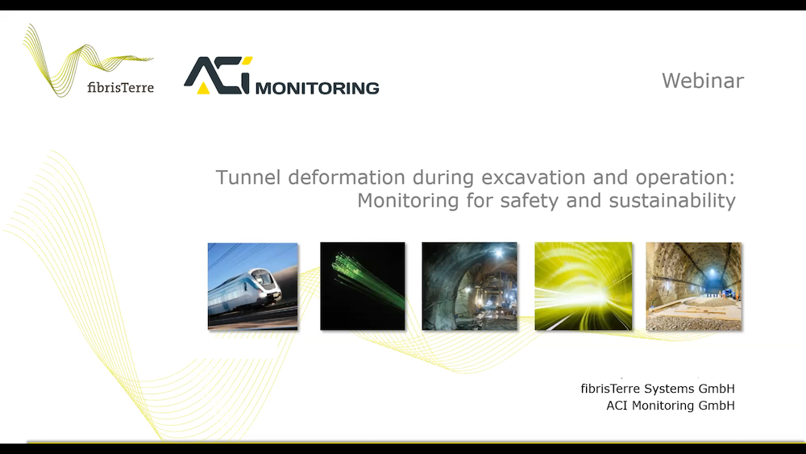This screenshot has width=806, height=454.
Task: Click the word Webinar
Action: (703, 81)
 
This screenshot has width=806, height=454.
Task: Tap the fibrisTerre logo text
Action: (120, 87)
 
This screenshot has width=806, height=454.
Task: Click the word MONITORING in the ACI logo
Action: (317, 89)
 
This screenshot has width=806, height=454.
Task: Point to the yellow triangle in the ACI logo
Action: (204, 88)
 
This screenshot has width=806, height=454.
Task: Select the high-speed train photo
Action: (252, 286)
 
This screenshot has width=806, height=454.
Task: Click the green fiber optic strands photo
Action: (363, 286)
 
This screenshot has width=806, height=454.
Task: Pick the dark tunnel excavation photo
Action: (469, 286)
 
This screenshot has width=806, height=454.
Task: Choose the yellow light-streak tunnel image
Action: (584, 286)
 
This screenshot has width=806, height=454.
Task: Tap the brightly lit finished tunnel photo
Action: (693, 286)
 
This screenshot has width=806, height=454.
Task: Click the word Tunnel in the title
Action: (248, 177)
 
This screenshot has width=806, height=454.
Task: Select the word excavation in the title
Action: (533, 177)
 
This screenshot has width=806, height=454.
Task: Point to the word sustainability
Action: (672, 201)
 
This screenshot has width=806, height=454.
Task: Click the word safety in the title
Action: (529, 201)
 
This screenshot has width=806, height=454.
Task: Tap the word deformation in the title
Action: (347, 177)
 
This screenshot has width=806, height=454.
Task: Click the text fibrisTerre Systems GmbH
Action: (658, 389)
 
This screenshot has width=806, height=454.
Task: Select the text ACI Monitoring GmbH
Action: (671, 406)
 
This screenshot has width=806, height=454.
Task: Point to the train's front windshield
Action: (264, 279)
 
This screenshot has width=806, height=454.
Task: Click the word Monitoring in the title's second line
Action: (408, 201)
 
